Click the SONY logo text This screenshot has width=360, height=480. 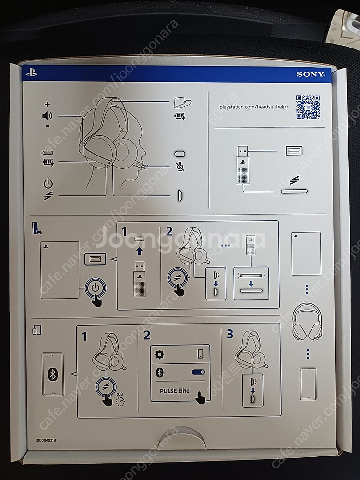311,74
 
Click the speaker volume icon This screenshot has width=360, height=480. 47,115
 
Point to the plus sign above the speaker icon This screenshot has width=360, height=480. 47,104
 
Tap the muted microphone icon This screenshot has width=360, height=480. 180,167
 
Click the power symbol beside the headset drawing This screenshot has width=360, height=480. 48,183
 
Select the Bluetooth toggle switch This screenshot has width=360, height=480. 198,372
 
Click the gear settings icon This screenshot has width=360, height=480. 160,354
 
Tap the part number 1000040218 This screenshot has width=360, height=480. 46,439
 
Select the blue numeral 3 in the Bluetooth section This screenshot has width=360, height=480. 230,334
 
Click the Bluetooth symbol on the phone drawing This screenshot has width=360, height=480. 53,374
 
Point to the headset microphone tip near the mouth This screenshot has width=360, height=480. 145,167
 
